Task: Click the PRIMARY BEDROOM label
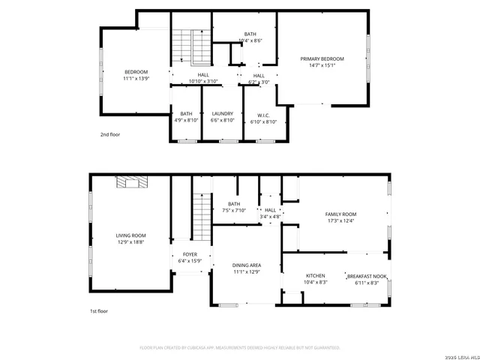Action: click(322, 58)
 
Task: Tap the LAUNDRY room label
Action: click(223, 114)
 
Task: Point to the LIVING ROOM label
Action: click(130, 235)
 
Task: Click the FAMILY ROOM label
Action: click(340, 214)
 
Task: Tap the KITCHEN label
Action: click(315, 275)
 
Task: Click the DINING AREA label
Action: click(246, 265)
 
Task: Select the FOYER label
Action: click(190, 254)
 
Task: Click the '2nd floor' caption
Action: click(110, 134)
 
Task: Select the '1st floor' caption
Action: click(97, 310)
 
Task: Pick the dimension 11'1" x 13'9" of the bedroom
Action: click(136, 78)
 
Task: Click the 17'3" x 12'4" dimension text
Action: click(340, 220)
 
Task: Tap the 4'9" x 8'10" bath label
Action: click(186, 120)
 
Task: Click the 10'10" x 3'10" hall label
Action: click(203, 81)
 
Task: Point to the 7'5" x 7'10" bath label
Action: click(234, 210)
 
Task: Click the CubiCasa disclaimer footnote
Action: click(240, 348)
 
